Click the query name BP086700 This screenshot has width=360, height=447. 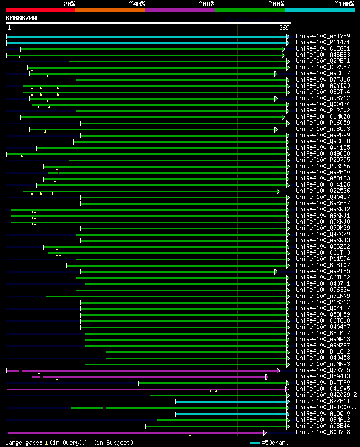coord(21,18)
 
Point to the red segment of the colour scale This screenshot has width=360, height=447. coord(40,10)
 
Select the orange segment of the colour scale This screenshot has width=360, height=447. coord(110,10)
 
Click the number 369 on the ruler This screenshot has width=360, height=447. coord(283,28)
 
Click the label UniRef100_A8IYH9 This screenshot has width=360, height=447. coord(322,36)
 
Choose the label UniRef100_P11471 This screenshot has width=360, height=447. coord(322,42)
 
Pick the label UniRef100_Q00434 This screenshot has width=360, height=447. coord(322,104)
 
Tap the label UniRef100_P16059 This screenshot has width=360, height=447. coord(322,123)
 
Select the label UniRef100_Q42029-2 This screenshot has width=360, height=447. coord(326,395)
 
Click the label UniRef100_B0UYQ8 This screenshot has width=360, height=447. coord(322,432)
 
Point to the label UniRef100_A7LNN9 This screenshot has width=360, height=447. coord(322,296)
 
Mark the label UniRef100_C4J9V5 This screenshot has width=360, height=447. coord(322,389)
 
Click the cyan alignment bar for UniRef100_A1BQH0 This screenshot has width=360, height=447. coord(231,414)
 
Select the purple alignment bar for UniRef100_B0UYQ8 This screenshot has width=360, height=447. coord(135,432)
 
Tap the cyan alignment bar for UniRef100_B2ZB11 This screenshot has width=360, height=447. coord(231,401)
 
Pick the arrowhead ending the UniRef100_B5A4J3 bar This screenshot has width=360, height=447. coord(267,377)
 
